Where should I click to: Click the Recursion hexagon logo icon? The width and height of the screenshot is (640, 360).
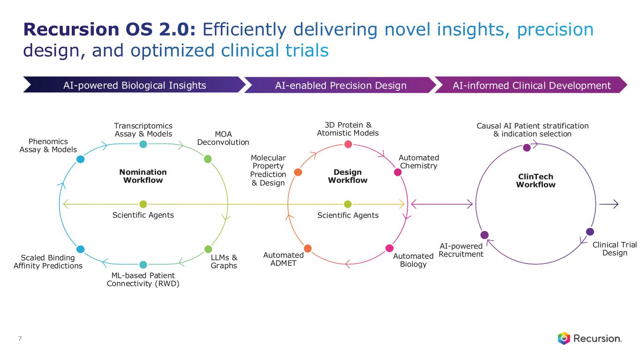[564, 338]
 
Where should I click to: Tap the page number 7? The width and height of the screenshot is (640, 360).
[19, 338]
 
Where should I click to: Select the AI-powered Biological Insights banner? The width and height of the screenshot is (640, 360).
[135, 85]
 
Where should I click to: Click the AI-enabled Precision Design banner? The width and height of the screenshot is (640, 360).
[340, 85]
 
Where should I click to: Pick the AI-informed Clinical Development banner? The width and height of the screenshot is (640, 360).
[532, 85]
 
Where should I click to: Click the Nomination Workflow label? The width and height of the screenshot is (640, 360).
[143, 176]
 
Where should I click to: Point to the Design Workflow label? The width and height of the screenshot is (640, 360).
[347, 176]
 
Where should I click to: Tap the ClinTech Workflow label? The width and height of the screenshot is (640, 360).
[535, 180]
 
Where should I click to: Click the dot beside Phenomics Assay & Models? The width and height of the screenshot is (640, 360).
[80, 159]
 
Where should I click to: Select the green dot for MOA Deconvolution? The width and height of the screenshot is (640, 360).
[208, 159]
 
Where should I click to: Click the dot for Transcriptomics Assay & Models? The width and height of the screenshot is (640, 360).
[143, 144]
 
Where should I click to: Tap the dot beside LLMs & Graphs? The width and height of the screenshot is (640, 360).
[208, 249]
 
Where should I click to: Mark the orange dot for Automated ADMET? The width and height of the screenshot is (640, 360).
[308, 248]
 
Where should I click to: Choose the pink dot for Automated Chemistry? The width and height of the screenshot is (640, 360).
[398, 172]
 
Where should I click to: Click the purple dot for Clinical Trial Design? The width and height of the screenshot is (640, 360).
[590, 232]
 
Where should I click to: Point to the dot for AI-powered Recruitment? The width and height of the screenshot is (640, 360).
[484, 235]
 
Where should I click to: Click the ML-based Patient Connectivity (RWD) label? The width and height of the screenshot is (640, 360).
[143, 279]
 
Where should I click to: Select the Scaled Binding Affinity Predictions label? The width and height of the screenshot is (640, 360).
[48, 262]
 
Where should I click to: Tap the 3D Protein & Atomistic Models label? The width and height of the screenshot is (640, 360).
[347, 129]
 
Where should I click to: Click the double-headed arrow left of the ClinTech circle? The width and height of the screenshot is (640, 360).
[441, 204]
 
